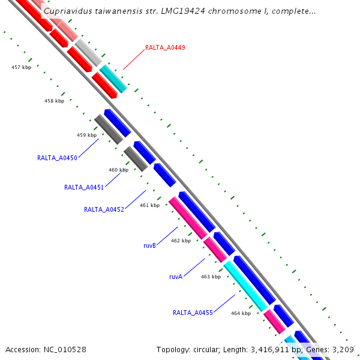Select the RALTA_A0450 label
[x=57, y=158]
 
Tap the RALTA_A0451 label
[x=84, y=187]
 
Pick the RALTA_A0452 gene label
[x=104, y=209]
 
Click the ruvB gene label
[x=149, y=246]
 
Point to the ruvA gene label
[x=175, y=277]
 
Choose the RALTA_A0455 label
[x=193, y=313]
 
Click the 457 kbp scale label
[x=21, y=67]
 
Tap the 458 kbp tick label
[x=54, y=101]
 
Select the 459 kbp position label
[x=86, y=135]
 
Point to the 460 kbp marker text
[x=118, y=170]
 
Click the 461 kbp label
[x=149, y=205]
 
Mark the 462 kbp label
[x=181, y=241]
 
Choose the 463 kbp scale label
[x=211, y=277]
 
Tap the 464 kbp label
[x=241, y=313]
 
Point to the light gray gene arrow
[x=88, y=52]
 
